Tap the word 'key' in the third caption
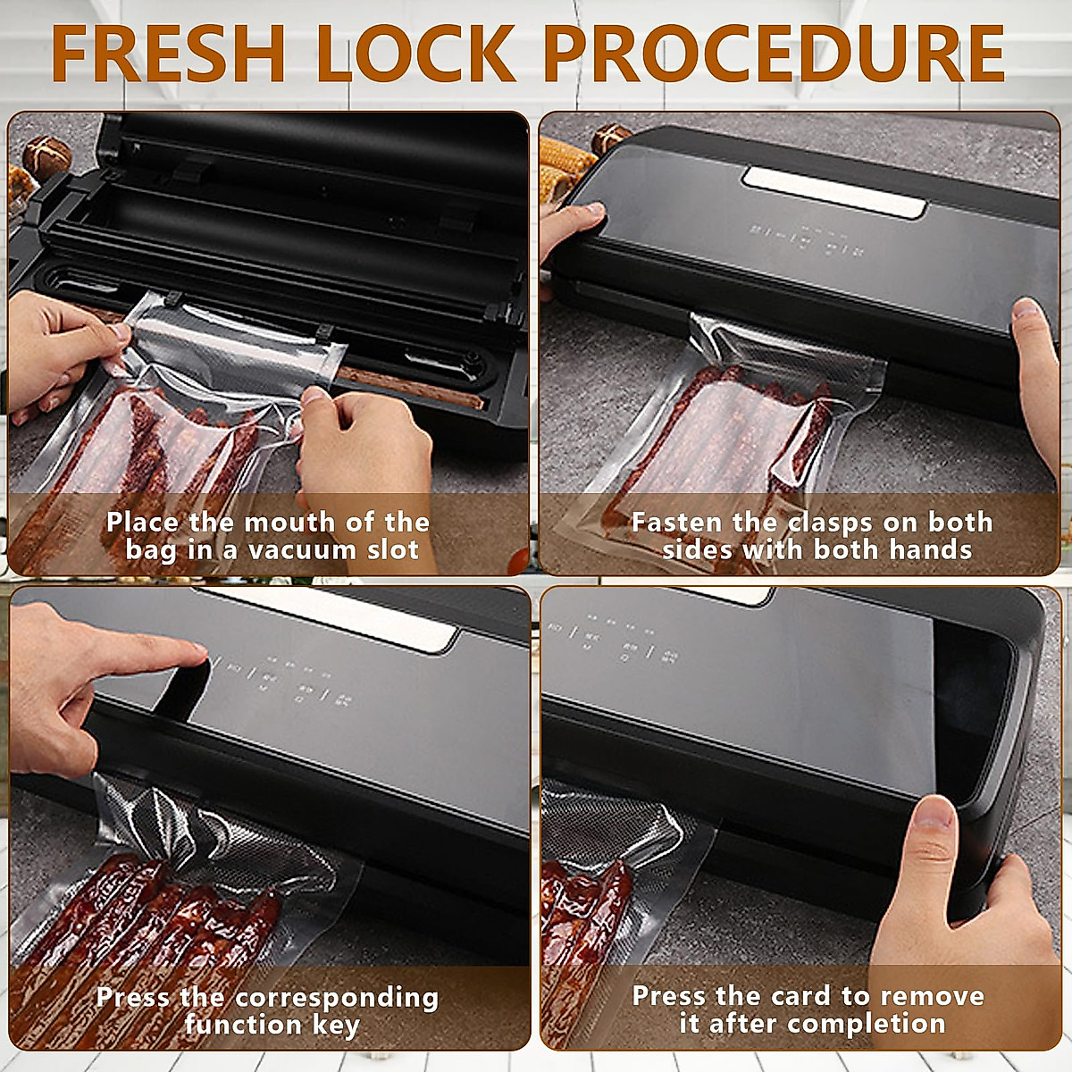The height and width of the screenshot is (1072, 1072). coord(336,1026)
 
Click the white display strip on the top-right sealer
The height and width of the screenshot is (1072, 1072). coord(835,192)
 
